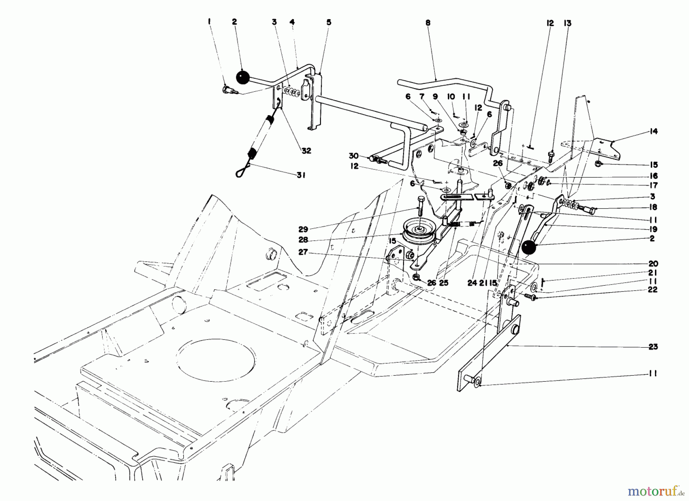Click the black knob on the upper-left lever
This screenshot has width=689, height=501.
[x=242, y=77]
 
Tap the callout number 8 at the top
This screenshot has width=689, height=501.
[x=428, y=23]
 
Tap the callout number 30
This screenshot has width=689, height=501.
[x=354, y=156]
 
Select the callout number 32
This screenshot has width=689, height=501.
[x=306, y=151]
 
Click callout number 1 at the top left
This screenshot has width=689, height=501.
[x=209, y=23]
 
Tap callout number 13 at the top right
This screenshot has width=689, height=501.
[x=567, y=23]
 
